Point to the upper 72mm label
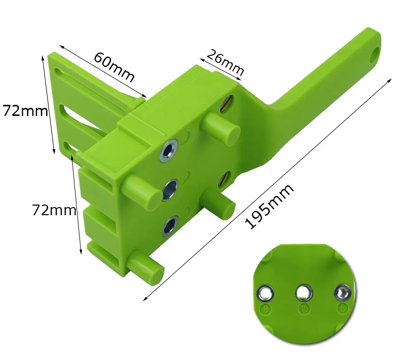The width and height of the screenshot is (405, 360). coord(25,111)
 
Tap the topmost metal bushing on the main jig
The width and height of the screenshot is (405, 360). coord(168,150)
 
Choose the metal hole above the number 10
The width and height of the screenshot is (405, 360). coord(304,292)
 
